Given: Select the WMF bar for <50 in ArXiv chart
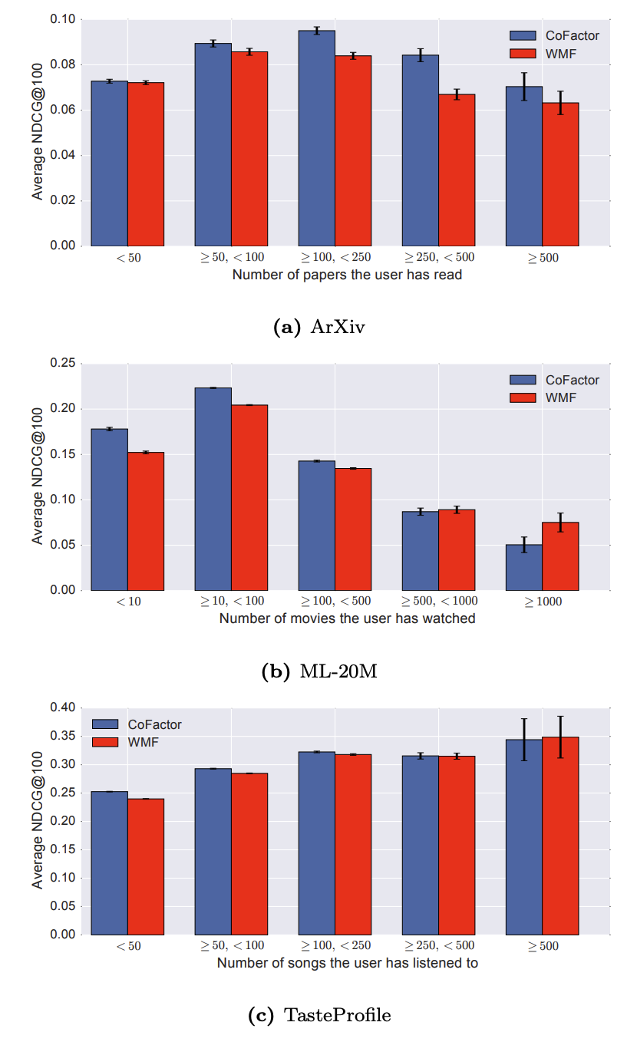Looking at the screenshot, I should coord(146,164).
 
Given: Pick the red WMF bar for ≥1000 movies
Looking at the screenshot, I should coord(560,556).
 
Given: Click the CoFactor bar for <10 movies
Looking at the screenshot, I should coord(110,509).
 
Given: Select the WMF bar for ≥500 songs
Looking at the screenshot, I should coord(560,836).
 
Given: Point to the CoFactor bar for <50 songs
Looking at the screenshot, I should coord(110,863).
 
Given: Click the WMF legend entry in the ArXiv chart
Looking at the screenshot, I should coord(561,53).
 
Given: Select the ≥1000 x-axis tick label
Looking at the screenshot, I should coord(543,602).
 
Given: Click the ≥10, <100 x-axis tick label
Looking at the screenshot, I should coord(230,602).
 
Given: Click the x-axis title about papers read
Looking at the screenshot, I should coord(348,274).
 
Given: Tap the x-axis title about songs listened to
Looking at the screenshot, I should coord(348,963).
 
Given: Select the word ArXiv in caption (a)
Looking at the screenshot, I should coord(338,328).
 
